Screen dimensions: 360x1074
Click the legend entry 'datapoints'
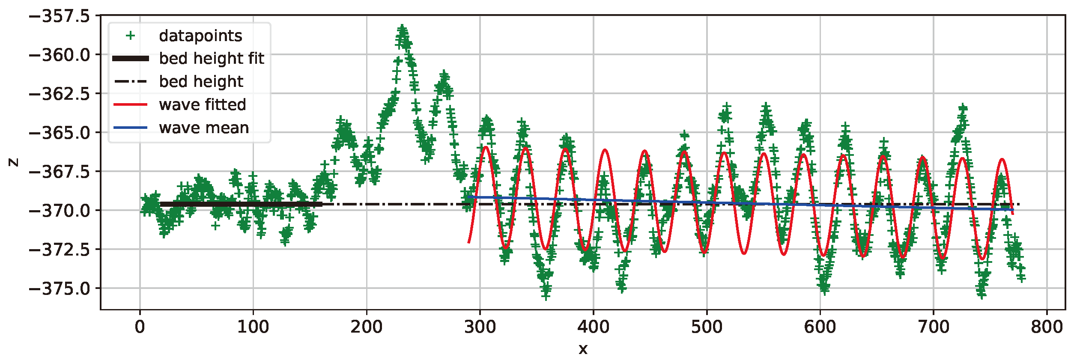click(200, 36)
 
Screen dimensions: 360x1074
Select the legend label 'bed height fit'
click(212, 58)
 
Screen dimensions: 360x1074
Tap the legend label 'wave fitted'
click(202, 104)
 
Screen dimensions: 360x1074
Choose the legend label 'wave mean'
click(204, 128)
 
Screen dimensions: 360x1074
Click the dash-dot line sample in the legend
click(131, 81)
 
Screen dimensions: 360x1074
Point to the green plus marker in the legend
click(131, 36)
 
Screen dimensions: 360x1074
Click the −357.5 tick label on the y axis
click(60, 16)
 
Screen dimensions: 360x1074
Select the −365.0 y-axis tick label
click(60, 133)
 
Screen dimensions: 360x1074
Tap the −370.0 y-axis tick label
click(60, 211)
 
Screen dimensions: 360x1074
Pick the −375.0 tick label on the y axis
click(60, 289)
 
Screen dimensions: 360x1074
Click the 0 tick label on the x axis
click(140, 327)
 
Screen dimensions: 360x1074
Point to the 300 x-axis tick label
click(480, 327)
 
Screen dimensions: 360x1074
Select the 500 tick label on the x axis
click(707, 327)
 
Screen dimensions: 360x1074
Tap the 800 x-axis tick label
click(1047, 327)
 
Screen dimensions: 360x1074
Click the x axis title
click(583, 349)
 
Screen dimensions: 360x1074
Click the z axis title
click(14, 162)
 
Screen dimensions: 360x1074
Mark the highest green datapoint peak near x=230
click(402, 28)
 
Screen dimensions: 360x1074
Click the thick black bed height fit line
click(240, 204)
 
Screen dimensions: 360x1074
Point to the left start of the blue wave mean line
click(468, 197)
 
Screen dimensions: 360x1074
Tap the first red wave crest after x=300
click(486, 147)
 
